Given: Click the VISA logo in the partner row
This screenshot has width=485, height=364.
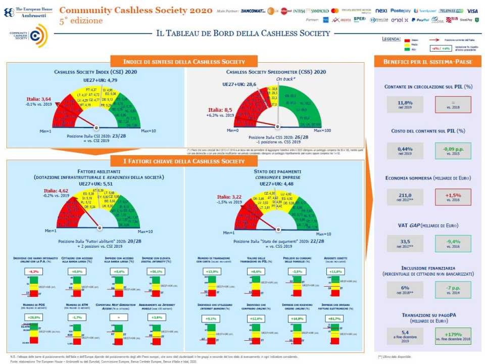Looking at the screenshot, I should point(472,11).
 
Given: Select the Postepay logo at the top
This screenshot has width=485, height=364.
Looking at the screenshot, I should point(401,11).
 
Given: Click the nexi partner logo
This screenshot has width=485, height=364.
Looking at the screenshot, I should point(382,11).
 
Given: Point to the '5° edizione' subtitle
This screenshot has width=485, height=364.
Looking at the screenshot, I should point(81,21).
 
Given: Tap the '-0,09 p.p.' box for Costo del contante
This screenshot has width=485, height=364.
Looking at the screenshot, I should point(452,150).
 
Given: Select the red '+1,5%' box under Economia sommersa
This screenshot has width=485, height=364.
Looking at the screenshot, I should point(452,195).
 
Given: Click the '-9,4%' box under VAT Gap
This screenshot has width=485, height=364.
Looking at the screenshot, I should point(452,241).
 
